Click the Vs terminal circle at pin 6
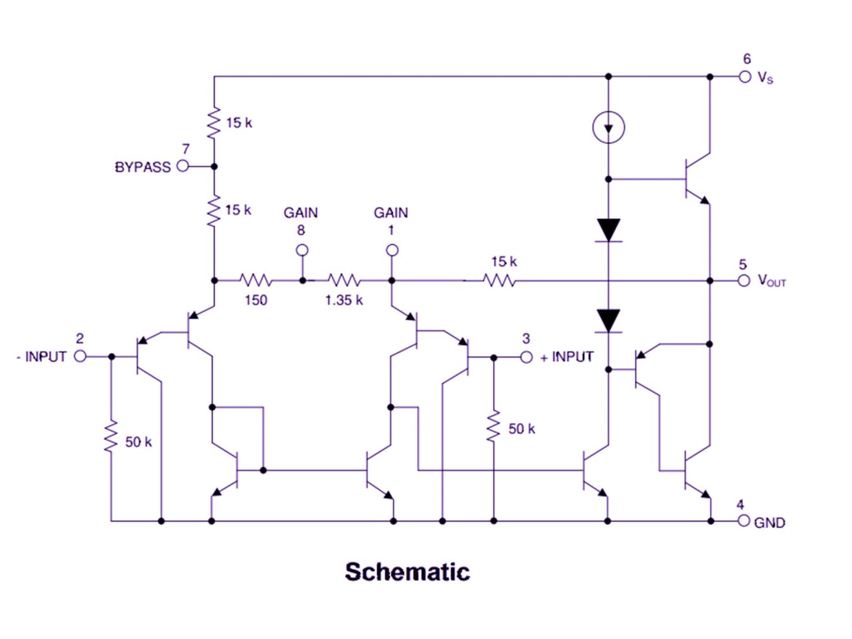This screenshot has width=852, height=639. pos(745,77)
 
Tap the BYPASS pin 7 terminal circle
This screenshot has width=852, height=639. pos(183,166)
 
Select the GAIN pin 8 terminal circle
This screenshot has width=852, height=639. pos(301,250)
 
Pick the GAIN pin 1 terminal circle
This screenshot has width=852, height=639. pos(392,250)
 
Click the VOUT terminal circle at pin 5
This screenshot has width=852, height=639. pos(744,280)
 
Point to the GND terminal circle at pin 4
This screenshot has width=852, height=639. pos(744,521)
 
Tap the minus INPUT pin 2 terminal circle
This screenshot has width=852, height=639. pos(80,356)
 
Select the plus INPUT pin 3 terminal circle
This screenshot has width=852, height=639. pos(526,357)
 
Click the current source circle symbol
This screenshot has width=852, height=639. pos(608,127)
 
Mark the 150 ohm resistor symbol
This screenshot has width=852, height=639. pos(256,280)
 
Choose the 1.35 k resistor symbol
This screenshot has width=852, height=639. pos(343,280)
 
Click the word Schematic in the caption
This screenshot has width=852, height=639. pos(407,572)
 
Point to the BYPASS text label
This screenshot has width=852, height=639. pos(143,167)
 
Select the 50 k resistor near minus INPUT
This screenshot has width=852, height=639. pos(111,436)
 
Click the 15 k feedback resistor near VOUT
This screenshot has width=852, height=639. pos(500,280)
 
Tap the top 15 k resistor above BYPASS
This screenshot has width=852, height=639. pos(214,123)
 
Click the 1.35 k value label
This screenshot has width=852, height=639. pos(343,300)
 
